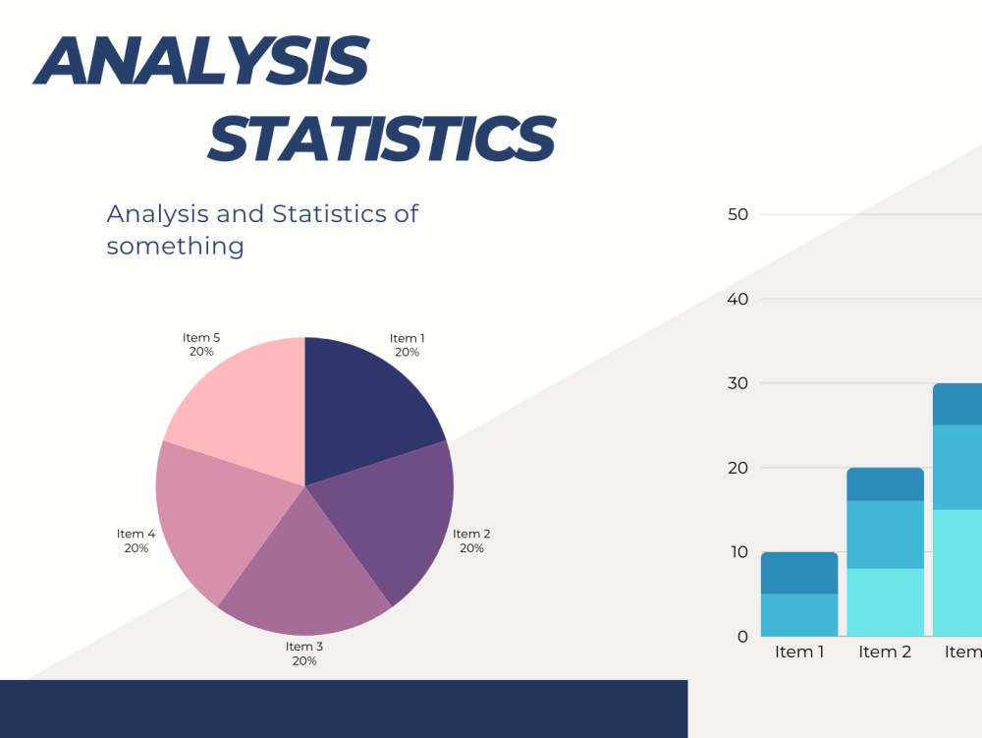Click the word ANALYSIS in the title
tap(201, 60)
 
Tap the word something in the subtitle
tap(176, 246)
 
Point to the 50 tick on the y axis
tap(737, 215)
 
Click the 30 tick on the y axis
tap(737, 383)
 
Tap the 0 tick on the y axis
tap(742, 637)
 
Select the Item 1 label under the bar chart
tap(799, 653)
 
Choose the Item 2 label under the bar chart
tap(885, 653)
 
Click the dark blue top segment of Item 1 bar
tap(799, 573)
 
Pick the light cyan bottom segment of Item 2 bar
tap(885, 602)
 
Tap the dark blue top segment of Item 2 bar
tap(885, 484)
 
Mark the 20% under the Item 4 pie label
tap(136, 548)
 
